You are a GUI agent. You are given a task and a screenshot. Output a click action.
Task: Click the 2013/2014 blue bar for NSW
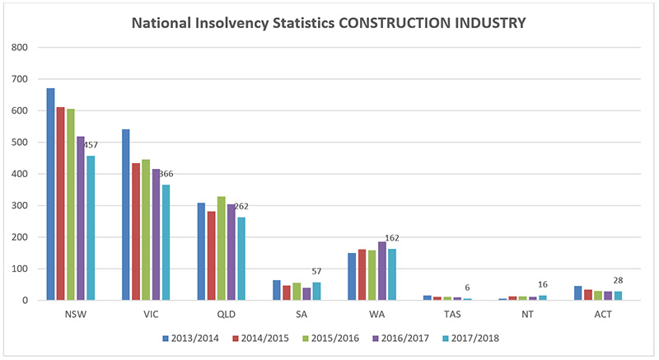[51, 194]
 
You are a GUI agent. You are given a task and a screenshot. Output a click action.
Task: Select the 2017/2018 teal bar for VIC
[166, 242]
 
